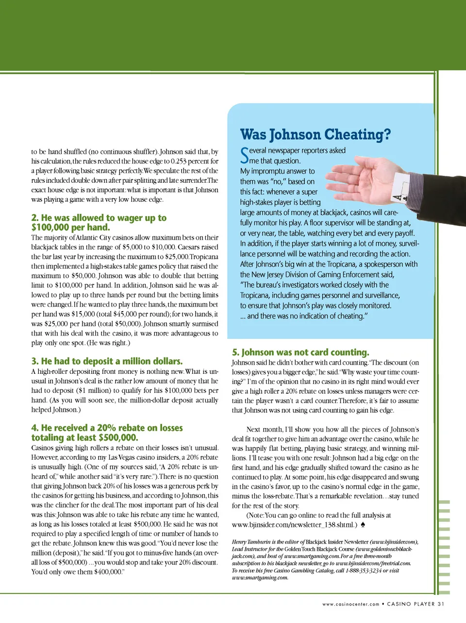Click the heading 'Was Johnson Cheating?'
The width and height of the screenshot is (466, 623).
pyautogui.click(x=315, y=134)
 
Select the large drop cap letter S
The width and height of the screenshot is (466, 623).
pyautogui.click(x=245, y=155)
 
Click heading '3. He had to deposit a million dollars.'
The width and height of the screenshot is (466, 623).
pyautogui.click(x=107, y=361)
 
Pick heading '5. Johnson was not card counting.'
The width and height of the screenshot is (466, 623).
pyautogui.click(x=300, y=352)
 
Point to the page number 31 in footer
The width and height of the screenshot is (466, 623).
pyautogui.click(x=440, y=604)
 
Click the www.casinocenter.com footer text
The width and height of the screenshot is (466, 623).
pyautogui.click(x=350, y=604)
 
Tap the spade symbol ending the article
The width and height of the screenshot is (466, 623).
pyautogui.click(x=363, y=525)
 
